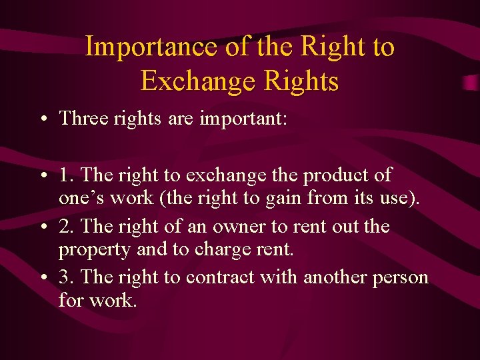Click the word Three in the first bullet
click(81, 119)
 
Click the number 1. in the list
click(66, 175)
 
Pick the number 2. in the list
click(67, 226)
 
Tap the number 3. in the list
click(67, 277)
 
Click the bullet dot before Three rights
click(43, 120)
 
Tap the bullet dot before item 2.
click(43, 227)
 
